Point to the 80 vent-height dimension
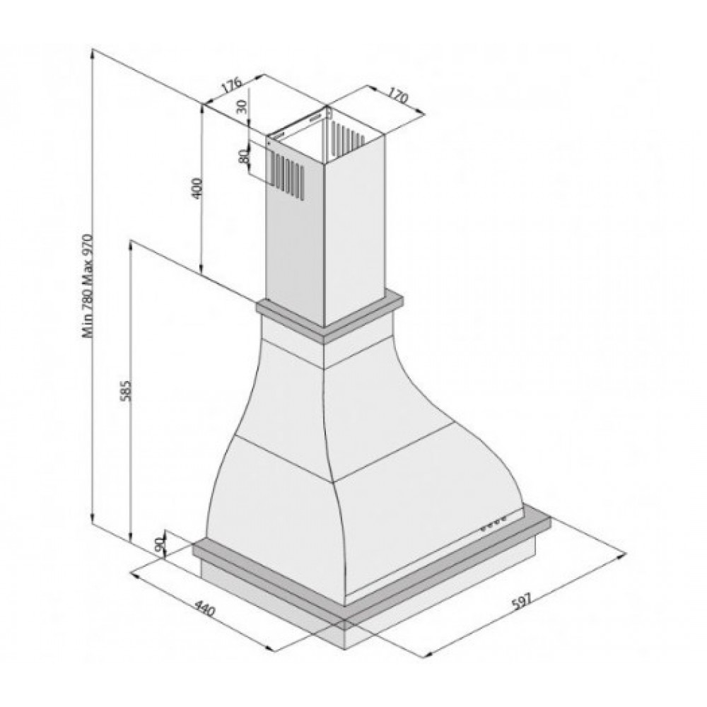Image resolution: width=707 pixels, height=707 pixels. click(243, 156)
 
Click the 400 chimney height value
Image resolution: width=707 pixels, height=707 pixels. click(197, 187)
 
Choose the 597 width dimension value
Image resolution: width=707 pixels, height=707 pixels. click(521, 601)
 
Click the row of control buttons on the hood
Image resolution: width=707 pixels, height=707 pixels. click(494, 524)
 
